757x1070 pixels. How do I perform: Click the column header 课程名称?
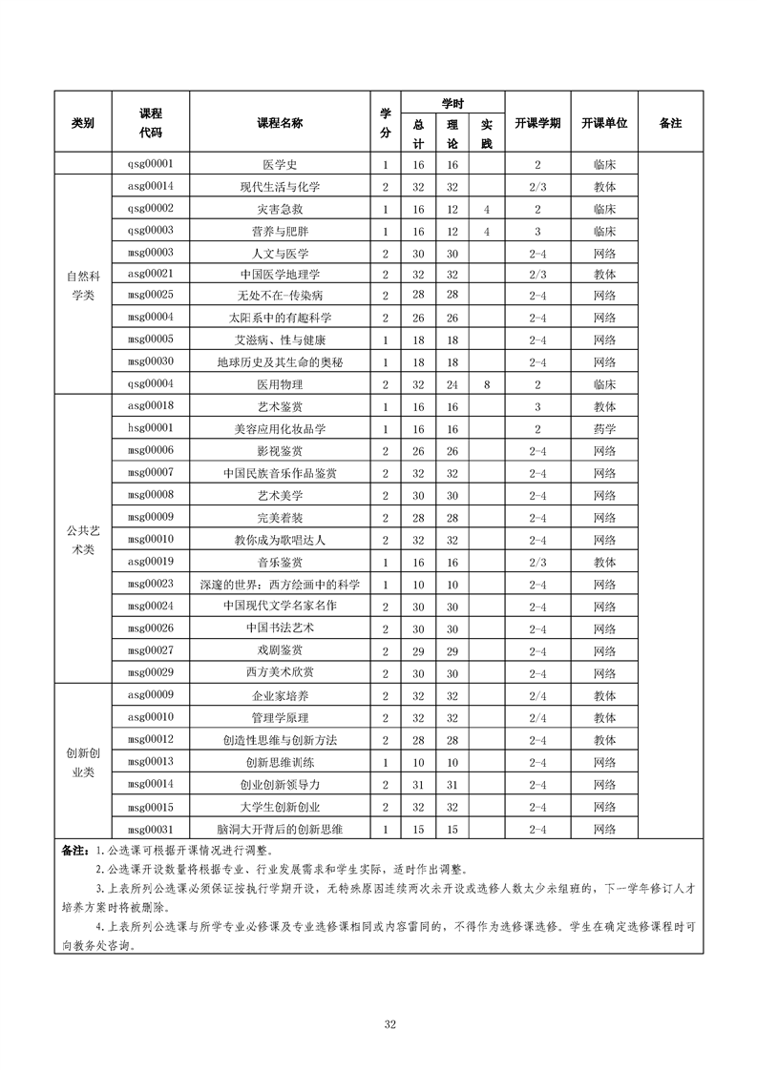pyautogui.click(x=280, y=123)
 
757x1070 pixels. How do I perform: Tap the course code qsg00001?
pyautogui.click(x=151, y=164)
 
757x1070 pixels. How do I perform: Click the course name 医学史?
pyautogui.click(x=280, y=164)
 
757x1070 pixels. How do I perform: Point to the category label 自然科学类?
pyautogui.click(x=83, y=285)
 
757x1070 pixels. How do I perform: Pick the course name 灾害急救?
pyautogui.click(x=280, y=208)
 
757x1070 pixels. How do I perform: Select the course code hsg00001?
pyautogui.click(x=151, y=428)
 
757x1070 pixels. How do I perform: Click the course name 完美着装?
pyautogui.click(x=280, y=517)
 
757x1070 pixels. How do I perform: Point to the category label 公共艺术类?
pyautogui.click(x=83, y=539)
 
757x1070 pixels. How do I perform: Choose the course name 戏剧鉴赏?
pyautogui.click(x=280, y=649)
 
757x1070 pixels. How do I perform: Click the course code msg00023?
pyautogui.click(x=151, y=583)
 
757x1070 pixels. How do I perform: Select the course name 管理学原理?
pyautogui.click(x=280, y=716)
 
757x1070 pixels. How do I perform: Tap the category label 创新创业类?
pyautogui.click(x=83, y=761)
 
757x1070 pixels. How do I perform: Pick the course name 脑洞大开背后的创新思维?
pyautogui.click(x=280, y=828)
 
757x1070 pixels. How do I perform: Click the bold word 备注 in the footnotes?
pyautogui.click(x=74, y=850)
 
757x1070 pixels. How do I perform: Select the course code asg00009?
pyautogui.click(x=151, y=694)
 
